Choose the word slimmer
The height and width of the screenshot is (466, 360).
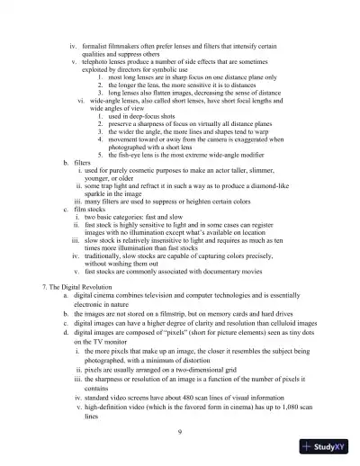279,173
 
